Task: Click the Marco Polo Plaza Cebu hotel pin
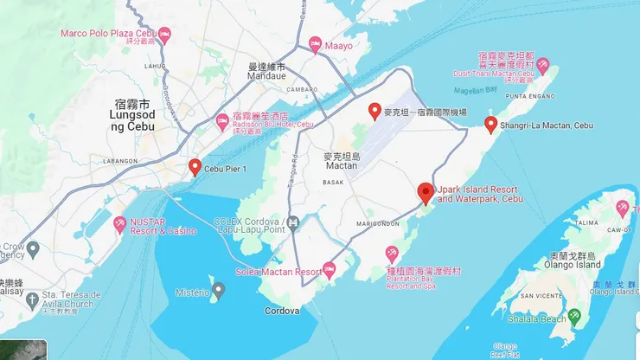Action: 163,34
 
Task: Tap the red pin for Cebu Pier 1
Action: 195,167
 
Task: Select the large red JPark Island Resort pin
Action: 426,194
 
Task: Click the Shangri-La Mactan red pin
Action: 491,125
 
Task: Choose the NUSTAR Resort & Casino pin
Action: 120,225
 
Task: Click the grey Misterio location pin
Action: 219,291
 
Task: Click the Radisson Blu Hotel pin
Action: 221,119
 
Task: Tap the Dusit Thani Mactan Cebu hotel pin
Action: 543,65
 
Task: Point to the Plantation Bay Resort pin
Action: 391,252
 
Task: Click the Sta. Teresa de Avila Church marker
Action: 32,299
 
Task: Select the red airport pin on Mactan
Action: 374,111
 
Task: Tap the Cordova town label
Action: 281,311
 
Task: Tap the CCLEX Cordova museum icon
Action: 294,223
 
